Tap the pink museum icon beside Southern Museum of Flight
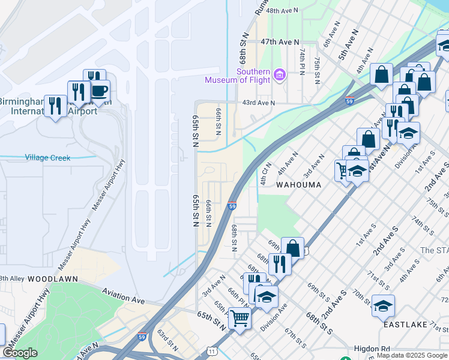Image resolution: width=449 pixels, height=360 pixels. point(279,75)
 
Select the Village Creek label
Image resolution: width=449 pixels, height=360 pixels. point(47,158)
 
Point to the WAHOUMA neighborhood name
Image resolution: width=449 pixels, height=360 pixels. point(298,185)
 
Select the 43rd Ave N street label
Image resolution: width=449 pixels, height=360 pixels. point(258,103)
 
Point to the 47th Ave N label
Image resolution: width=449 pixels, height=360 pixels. point(280,41)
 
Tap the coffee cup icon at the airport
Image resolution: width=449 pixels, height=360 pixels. point(99,91)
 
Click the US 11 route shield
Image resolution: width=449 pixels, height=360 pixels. point(211,350)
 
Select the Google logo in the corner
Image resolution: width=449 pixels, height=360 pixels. point(19,353)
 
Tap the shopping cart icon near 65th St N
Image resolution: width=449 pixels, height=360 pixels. point(239,318)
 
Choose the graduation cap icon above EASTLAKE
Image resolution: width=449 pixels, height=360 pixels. point(382,306)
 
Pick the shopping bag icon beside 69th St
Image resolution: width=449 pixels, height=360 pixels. point(292,248)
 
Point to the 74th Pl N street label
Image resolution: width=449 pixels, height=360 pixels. point(302,61)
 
